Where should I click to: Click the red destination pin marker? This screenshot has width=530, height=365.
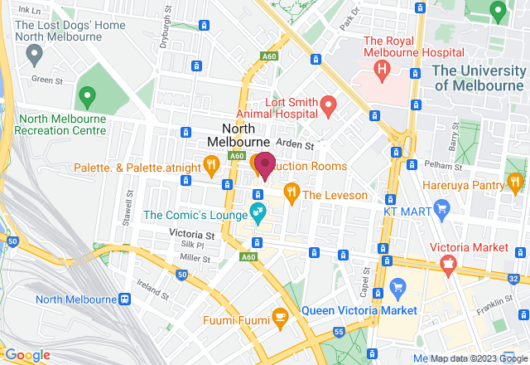coord(265,165)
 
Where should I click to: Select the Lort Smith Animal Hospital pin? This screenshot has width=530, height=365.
coord(329,105)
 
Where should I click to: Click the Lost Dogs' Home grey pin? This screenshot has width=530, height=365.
coord(34,56)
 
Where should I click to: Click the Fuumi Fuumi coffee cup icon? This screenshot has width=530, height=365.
coord(280,316)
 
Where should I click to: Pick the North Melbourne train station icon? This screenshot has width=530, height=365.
coord(124,299)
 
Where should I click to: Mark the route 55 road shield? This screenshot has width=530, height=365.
coord(339,332)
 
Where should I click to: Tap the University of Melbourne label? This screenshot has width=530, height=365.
coord(479,78)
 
